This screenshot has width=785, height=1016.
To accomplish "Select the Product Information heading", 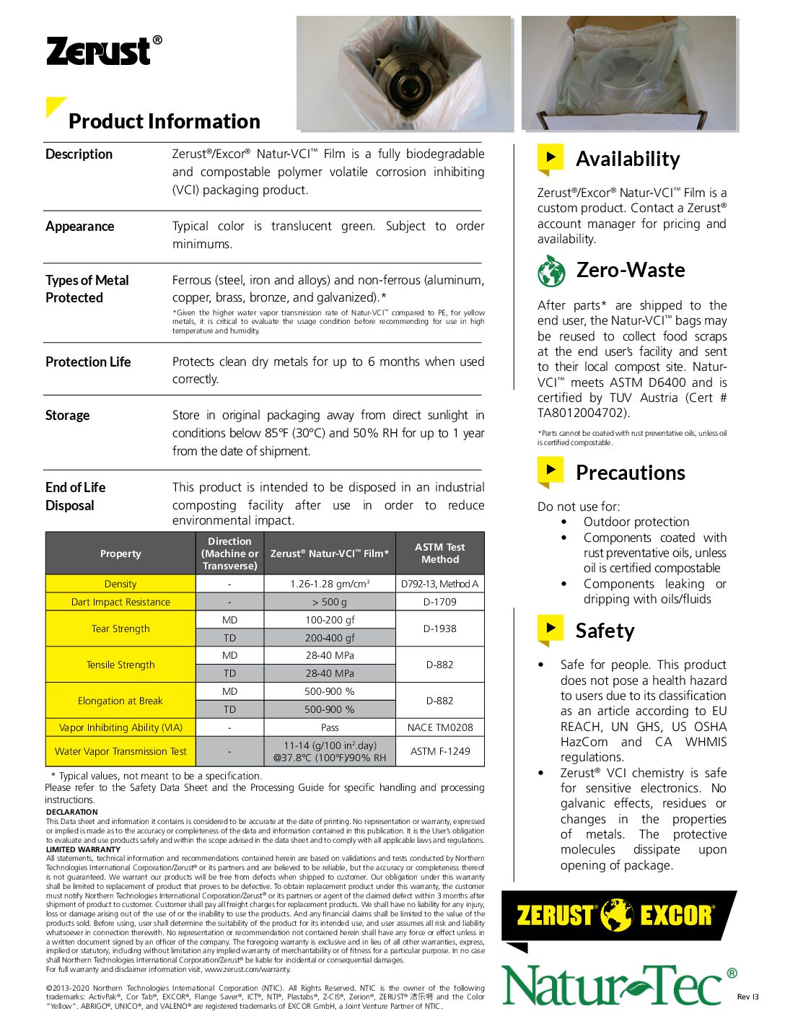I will click(x=164, y=121).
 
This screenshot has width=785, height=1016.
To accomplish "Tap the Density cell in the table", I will click(x=120, y=584).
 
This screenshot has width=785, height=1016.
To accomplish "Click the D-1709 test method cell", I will click(x=439, y=602).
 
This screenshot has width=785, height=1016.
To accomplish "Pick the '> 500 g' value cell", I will click(x=330, y=602).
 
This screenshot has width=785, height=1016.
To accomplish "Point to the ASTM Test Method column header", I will click(x=439, y=553).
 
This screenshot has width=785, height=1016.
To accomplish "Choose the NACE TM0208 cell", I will click(x=439, y=727).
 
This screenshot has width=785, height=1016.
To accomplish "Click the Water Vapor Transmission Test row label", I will click(x=120, y=751).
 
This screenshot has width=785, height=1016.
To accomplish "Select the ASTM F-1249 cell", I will click(x=439, y=751).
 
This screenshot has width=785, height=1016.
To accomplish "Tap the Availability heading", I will click(x=627, y=159).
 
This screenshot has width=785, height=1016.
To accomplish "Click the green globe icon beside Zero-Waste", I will click(x=551, y=271).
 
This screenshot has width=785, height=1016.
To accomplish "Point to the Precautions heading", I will click(x=630, y=473).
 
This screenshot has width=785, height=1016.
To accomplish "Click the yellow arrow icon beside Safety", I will click(x=551, y=629).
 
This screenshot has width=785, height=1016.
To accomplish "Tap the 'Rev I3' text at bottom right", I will click(x=747, y=997).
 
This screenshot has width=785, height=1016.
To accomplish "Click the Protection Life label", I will click(x=88, y=362).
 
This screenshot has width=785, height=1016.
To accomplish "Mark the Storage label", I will click(x=68, y=415).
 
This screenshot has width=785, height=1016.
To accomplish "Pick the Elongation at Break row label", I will click(x=120, y=701).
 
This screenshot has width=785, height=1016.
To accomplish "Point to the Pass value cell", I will click(x=330, y=727).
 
